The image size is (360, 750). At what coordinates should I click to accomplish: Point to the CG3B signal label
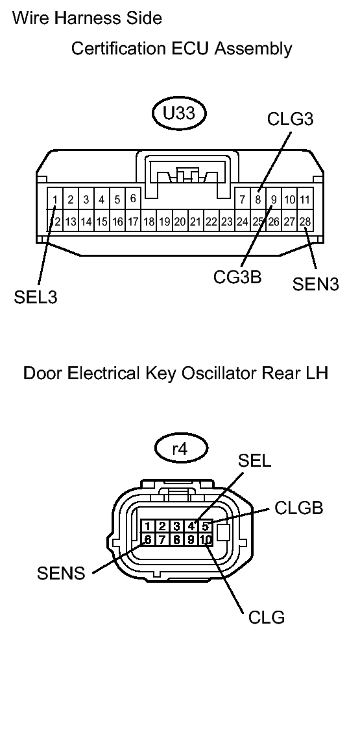point(237,277)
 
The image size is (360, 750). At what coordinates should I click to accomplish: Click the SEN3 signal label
point(315,285)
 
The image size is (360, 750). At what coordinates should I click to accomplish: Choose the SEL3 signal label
point(35,298)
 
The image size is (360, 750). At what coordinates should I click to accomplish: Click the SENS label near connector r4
point(62,573)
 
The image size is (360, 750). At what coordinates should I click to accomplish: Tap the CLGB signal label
point(298,508)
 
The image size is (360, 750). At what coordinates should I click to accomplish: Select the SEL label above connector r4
point(254,461)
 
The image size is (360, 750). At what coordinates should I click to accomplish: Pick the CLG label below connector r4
point(267,617)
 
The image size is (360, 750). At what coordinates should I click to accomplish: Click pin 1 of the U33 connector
point(56,199)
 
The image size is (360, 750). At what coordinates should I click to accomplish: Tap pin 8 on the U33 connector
point(258,199)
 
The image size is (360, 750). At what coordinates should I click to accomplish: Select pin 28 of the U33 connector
point(305,222)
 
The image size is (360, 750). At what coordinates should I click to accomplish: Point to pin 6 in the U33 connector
point(132,198)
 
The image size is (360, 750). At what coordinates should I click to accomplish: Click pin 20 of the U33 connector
point(180,222)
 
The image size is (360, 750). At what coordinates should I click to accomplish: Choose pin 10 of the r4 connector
point(205,539)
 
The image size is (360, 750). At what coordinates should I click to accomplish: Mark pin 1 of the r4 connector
point(148,526)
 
